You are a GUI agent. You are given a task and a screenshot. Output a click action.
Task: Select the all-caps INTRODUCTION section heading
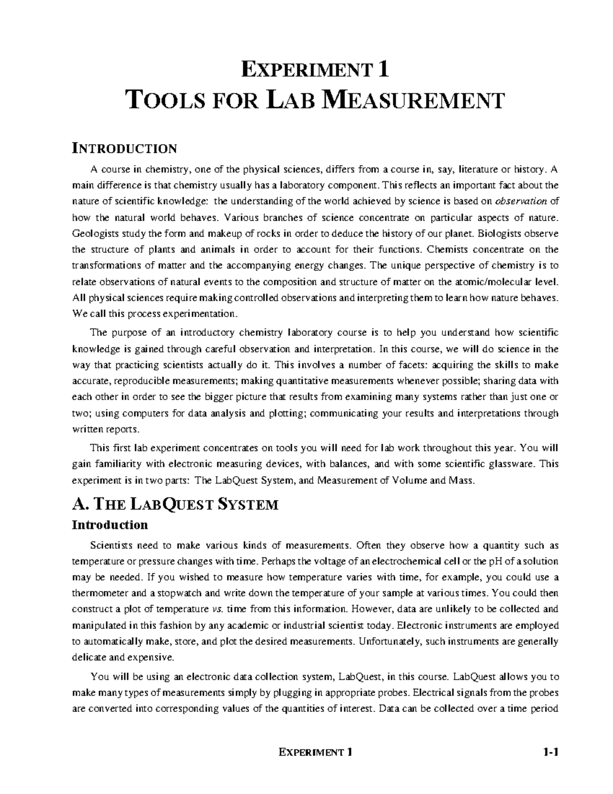click(124, 149)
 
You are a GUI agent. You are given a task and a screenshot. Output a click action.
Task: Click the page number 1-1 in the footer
click(551, 752)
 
